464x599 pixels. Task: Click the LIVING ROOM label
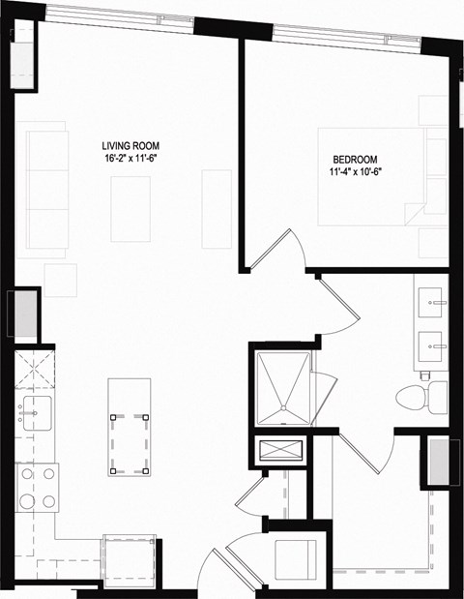click(130, 145)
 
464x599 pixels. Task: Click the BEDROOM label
click(355, 161)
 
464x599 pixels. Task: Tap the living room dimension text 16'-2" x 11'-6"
click(130, 158)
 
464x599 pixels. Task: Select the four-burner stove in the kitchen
click(36, 488)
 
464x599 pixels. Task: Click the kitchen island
click(130, 441)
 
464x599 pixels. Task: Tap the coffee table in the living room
click(130, 208)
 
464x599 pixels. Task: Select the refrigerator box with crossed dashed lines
click(35, 371)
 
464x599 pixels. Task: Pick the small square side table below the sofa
click(60, 280)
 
